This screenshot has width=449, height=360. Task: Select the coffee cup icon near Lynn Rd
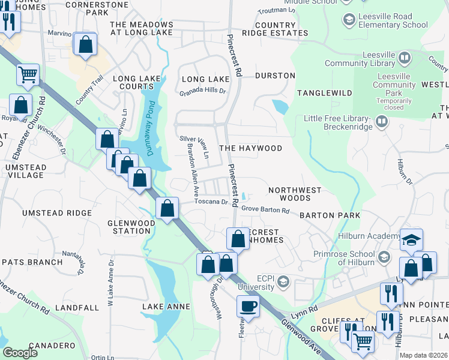(x=248, y=307)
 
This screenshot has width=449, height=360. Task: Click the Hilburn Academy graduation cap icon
(x=412, y=240)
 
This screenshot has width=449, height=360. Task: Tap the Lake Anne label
(x=166, y=307)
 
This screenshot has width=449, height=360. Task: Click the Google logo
(x=20, y=353)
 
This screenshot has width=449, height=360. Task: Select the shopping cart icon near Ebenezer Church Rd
(x=28, y=75)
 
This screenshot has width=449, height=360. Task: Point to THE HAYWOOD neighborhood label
(x=250, y=148)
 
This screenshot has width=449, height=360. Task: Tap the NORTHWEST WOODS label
(x=295, y=194)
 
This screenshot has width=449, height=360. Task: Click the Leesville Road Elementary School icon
(x=349, y=20)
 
